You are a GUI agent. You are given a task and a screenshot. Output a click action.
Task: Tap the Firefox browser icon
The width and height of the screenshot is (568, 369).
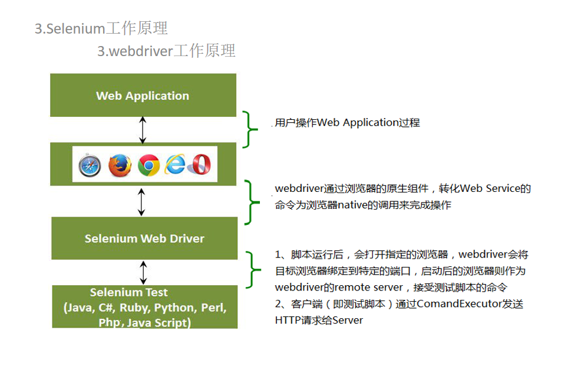pos(120,165)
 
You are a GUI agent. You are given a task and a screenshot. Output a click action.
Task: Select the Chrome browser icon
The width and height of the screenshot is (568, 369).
pos(148,165)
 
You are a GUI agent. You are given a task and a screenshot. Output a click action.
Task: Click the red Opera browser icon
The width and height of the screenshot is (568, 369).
pos(200,164)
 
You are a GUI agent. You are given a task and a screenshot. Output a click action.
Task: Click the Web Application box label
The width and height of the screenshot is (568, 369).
pos(143,96)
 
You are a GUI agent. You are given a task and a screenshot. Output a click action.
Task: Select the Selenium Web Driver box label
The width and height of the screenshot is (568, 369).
pos(144,239)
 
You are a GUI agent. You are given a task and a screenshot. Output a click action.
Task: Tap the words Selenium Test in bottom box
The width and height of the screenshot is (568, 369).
pos(128,292)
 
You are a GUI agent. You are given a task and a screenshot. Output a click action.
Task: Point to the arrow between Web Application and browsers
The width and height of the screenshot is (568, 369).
pos(142,130)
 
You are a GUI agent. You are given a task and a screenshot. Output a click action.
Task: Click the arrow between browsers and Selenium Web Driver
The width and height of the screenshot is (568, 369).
pos(141,202)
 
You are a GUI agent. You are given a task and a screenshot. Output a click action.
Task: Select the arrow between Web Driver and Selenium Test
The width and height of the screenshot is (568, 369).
pos(143,272)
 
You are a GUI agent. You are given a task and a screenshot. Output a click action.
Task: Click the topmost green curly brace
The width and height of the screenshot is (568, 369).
pos(250,129)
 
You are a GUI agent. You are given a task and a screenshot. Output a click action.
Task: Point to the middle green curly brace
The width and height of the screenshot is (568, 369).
pos(251,203)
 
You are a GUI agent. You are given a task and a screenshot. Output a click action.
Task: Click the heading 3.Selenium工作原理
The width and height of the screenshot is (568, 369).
pos(101,28)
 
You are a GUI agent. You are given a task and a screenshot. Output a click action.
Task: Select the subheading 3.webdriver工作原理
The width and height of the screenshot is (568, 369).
pos(166,51)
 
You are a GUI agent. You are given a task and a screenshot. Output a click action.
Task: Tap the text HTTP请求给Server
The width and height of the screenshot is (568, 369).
pos(319,320)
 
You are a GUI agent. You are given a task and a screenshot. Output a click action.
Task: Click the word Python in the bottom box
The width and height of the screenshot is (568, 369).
pos(174,308)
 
